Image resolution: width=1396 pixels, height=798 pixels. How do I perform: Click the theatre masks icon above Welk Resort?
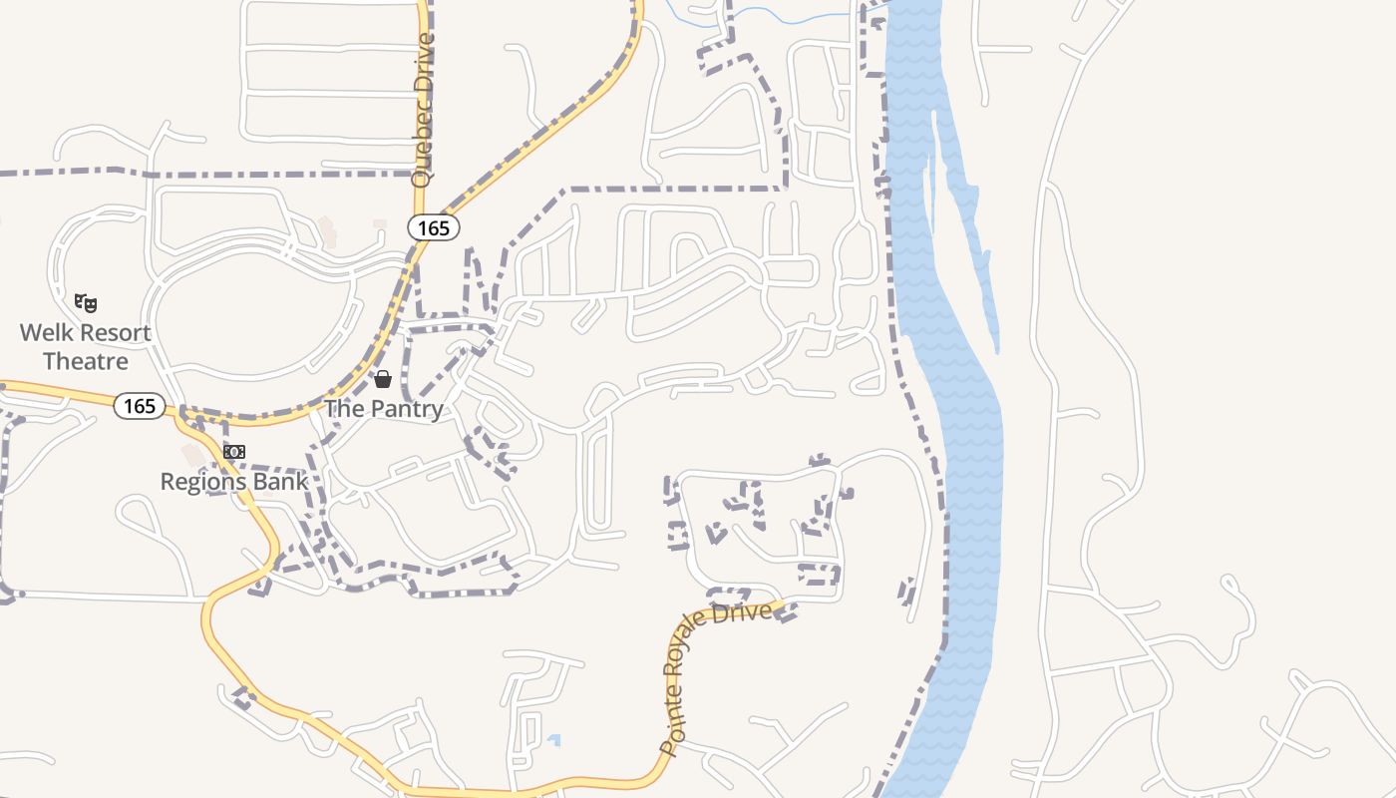pos(87,301)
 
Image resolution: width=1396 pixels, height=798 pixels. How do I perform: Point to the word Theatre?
pos(86,361)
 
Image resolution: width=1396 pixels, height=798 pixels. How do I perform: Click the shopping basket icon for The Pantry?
pos(382,379)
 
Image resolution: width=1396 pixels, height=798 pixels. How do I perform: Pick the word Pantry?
pos(407,409)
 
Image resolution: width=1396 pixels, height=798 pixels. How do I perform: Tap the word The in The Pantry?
pos(344,409)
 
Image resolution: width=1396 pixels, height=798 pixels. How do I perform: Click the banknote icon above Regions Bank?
pos(234,452)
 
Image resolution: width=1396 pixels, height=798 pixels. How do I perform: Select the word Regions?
pos(206,482)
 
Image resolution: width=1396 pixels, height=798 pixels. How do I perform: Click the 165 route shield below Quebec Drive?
pos(434,228)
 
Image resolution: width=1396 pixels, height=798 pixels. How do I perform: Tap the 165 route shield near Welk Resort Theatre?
pos(139,406)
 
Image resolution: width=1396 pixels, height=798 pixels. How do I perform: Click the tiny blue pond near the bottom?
pos(554,740)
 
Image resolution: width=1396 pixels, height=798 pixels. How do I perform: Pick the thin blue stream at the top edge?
pos(788,14)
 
